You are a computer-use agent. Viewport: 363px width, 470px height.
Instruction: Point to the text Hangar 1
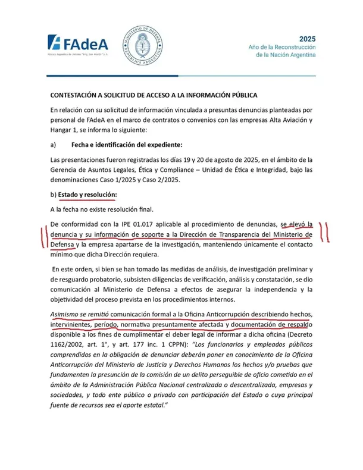pyautogui.click(x=67, y=130)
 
